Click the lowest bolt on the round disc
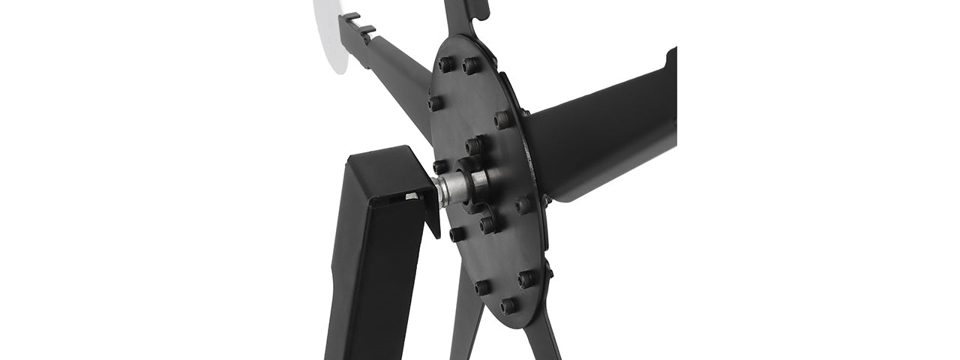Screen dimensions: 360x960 [509, 305]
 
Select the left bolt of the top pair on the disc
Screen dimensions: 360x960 [445, 65]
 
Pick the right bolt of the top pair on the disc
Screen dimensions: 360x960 [470, 66]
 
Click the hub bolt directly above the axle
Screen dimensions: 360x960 [474, 145]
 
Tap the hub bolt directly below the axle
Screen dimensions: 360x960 [487, 224]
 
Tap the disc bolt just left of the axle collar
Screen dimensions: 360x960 [441, 166]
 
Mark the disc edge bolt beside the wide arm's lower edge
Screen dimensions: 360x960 [523, 205]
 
